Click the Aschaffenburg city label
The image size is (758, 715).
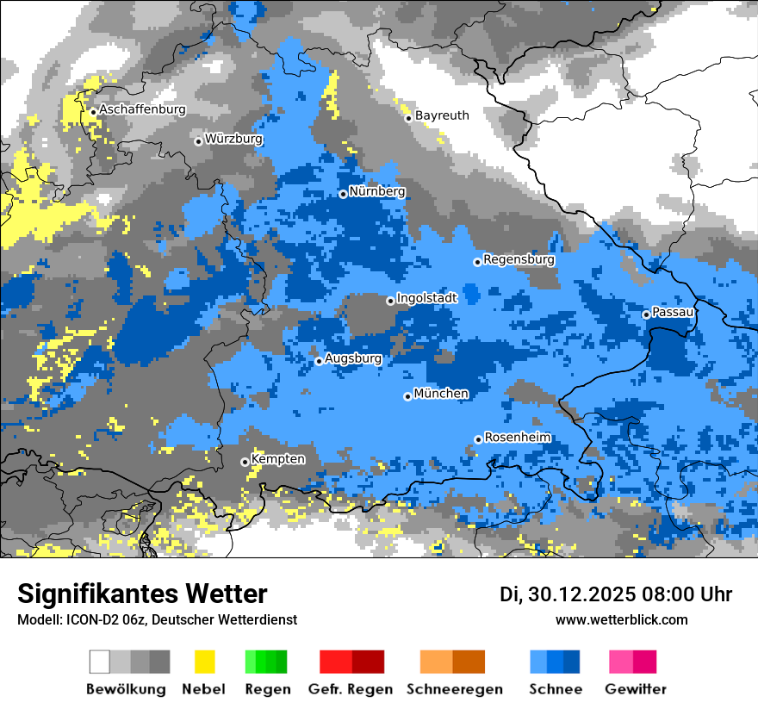click(x=142, y=109)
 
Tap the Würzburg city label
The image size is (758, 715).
click(x=233, y=139)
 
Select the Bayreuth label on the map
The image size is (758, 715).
click(x=442, y=115)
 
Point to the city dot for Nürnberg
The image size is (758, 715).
click(x=343, y=194)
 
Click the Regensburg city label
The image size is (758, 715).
click(x=519, y=259)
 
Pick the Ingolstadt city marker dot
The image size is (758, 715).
click(x=390, y=301)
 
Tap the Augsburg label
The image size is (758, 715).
click(x=352, y=358)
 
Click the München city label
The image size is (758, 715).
click(x=441, y=394)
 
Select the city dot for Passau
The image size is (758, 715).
click(x=646, y=314)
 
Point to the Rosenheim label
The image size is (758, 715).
click(x=517, y=438)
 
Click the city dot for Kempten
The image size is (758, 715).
click(x=245, y=462)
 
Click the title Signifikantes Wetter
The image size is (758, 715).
click(x=142, y=594)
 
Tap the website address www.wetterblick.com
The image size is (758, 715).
click(x=621, y=619)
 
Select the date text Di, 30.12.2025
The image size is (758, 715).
click(x=567, y=594)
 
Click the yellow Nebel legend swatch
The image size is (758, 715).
click(x=204, y=662)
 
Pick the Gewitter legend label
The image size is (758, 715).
click(x=635, y=689)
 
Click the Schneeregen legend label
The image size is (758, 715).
click(x=455, y=689)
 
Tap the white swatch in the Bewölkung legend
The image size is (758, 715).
click(x=100, y=662)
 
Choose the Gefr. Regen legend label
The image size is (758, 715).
click(x=351, y=689)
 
